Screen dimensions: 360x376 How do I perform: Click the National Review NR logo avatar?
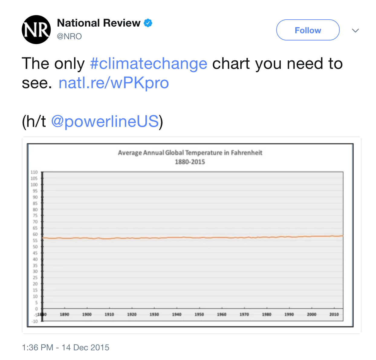coord(36,30)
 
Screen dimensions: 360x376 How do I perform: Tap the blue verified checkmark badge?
coord(148,23)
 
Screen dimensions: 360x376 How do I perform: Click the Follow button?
coord(308,30)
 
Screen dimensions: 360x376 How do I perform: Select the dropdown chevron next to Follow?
coord(355,31)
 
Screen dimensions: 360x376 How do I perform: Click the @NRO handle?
coord(69,37)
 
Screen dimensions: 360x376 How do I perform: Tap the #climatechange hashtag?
coord(148,64)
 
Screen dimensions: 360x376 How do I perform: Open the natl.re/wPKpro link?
coord(114,83)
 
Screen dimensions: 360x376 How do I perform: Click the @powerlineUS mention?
coord(105,121)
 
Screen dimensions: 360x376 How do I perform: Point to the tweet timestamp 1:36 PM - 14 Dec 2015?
coord(66,348)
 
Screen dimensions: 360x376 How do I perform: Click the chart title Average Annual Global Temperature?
coord(190,153)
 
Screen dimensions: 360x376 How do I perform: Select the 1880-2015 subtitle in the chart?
coord(190,162)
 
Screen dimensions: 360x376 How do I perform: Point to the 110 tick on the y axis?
coord(34,172)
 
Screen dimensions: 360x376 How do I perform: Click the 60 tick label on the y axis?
coord(35,234)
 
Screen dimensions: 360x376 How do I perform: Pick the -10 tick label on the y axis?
coord(34,321)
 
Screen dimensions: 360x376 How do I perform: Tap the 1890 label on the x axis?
coord(64,314)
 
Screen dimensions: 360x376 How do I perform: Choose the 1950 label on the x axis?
coord(199,314)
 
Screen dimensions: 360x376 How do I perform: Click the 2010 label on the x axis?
coord(334,314)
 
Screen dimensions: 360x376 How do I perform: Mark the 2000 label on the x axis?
coord(312,314)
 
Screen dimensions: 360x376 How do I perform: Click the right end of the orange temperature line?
coord(342,236)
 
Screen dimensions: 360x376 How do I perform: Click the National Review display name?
coord(99,23)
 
